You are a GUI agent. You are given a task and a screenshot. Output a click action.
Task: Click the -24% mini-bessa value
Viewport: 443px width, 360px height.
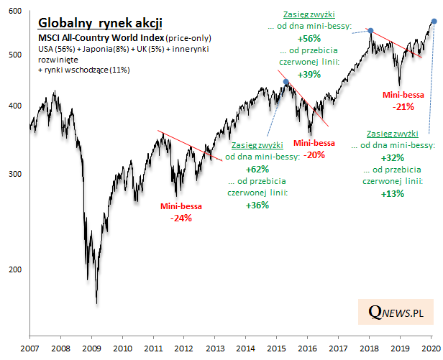point(181,218)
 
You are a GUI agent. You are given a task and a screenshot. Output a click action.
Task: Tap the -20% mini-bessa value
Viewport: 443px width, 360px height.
point(314,154)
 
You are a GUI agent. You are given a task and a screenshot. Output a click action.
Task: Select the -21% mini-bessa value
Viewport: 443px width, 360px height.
point(403,106)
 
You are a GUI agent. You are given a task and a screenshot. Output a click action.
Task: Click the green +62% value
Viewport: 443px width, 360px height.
point(257,170)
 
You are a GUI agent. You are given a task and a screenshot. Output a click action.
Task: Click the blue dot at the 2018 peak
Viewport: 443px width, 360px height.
point(371,31)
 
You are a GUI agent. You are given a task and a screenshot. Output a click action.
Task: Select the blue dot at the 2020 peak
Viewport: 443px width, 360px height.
point(434,22)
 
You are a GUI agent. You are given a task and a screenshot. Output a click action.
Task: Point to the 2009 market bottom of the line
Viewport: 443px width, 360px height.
point(96,303)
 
